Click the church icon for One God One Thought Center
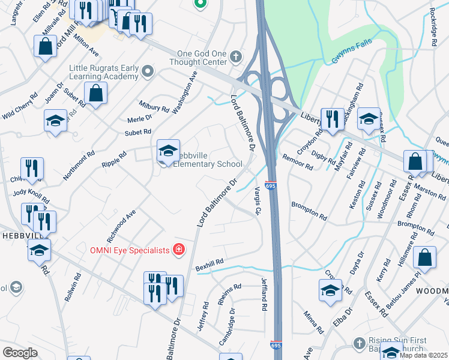(x=237, y=58)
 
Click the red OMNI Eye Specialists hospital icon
(x=178, y=250)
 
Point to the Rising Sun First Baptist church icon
(x=359, y=343)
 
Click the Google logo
(x=20, y=353)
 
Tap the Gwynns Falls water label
(x=351, y=52)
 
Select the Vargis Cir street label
(x=257, y=201)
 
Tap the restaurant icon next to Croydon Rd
(x=332, y=119)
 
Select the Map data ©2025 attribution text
(x=423, y=355)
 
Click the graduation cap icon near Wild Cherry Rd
(x=56, y=120)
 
